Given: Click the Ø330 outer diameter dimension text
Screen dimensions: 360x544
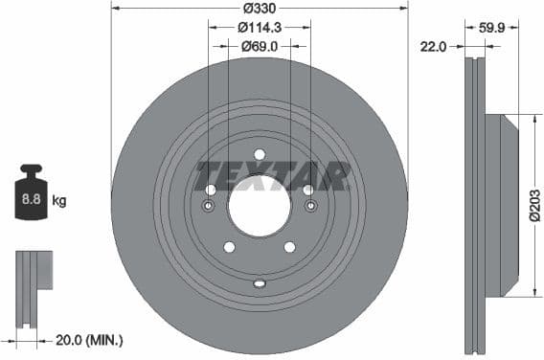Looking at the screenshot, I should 260,9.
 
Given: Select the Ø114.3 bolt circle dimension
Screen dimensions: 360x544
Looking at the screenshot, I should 260,28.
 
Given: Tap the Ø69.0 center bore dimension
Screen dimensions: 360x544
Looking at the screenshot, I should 260,46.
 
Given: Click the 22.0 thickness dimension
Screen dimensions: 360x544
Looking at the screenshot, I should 436,46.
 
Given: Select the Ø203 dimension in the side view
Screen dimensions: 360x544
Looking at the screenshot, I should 534,205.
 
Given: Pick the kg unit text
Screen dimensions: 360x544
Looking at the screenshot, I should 59,201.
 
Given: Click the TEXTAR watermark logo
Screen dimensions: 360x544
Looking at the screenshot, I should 273,175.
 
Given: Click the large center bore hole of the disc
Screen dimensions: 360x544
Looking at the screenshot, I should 260,205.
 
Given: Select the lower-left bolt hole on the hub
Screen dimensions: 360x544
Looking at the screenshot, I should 230,247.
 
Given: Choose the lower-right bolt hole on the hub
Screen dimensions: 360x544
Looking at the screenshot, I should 290,247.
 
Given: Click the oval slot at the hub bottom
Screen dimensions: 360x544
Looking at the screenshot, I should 260,282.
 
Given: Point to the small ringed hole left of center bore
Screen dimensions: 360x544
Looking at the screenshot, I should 210,206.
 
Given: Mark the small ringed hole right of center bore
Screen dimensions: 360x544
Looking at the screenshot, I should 309,206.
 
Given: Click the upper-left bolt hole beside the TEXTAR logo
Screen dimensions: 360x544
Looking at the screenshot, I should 212,190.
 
